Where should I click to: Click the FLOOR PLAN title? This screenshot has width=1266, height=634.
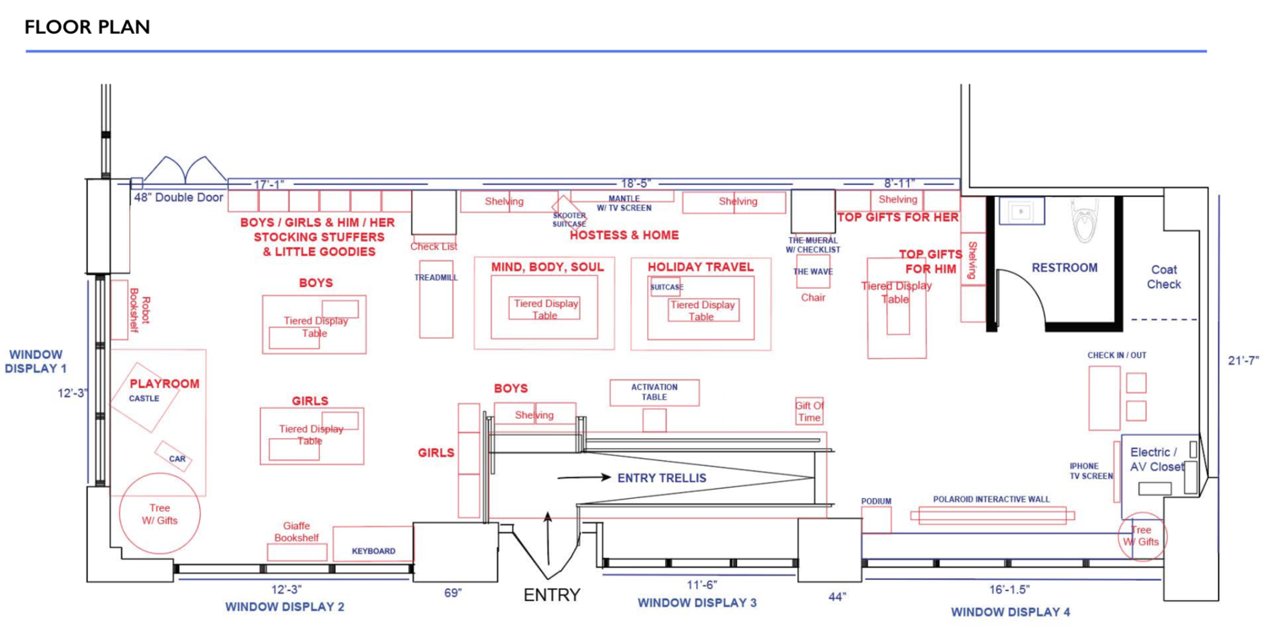tap(87, 27)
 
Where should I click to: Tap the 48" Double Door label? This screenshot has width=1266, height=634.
tap(178, 198)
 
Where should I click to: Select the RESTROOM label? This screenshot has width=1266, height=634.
tap(1064, 268)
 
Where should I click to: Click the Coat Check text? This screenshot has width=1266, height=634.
tap(1164, 277)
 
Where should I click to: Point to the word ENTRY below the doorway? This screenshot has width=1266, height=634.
tap(552, 595)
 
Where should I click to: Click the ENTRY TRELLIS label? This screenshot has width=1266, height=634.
tap(661, 478)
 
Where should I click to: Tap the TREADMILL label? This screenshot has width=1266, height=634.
tap(436, 277)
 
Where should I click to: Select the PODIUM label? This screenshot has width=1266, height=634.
tap(876, 501)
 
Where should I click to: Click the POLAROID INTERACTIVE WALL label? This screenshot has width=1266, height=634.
tap(992, 499)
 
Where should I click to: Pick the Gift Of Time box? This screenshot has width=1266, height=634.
tap(809, 412)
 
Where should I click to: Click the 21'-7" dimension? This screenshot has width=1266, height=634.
tap(1243, 360)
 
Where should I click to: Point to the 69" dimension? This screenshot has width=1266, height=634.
tap(453, 593)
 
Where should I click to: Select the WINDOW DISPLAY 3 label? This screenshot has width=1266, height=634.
tap(696, 603)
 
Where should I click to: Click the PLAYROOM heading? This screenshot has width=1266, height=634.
tap(165, 383)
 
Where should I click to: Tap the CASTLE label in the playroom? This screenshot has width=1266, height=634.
tap(144, 398)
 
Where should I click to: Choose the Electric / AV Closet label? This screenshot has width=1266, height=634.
tap(1157, 459)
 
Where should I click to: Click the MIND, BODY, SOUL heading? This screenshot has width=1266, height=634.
tap(548, 267)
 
